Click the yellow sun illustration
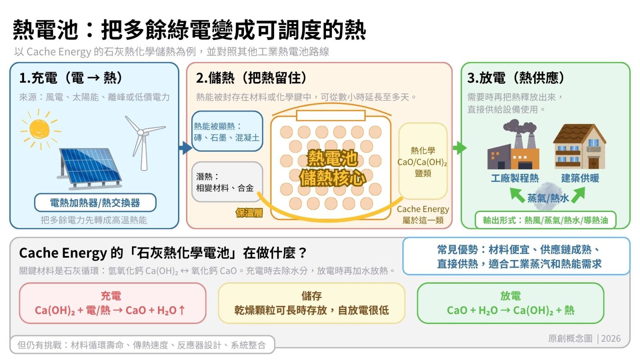40,130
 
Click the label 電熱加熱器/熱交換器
95,203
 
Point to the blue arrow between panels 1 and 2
186,148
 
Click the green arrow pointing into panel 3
460,148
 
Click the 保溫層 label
249,213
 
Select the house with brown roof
580,146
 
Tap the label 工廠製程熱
515,178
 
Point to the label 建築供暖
580,178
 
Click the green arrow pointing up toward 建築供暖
578,195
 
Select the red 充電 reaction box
112,303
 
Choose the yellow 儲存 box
312,303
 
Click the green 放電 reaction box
510,303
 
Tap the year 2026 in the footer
611,338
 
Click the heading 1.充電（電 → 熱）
71,78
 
